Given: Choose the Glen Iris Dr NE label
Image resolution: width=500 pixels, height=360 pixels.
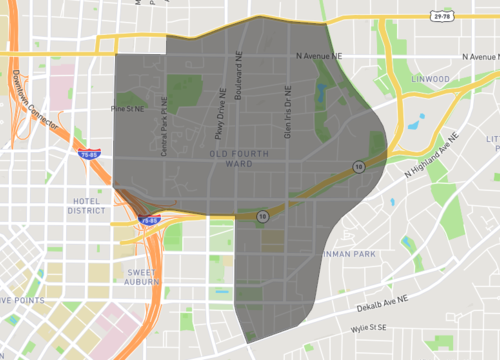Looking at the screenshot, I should click(x=287, y=114).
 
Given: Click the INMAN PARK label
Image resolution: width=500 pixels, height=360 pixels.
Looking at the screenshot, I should click(x=349, y=254).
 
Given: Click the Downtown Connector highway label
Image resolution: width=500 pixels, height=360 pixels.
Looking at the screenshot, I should click(x=34, y=95).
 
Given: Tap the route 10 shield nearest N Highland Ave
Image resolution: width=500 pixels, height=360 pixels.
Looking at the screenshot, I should click(x=357, y=166).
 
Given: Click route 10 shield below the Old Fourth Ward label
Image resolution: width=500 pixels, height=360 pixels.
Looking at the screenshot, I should click(x=261, y=213).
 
